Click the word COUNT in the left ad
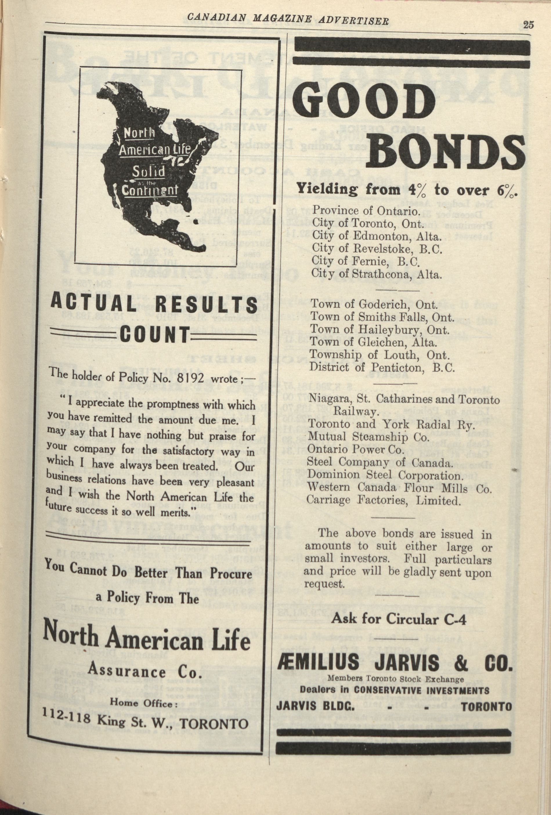click(x=154, y=336)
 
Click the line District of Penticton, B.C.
click(x=382, y=368)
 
